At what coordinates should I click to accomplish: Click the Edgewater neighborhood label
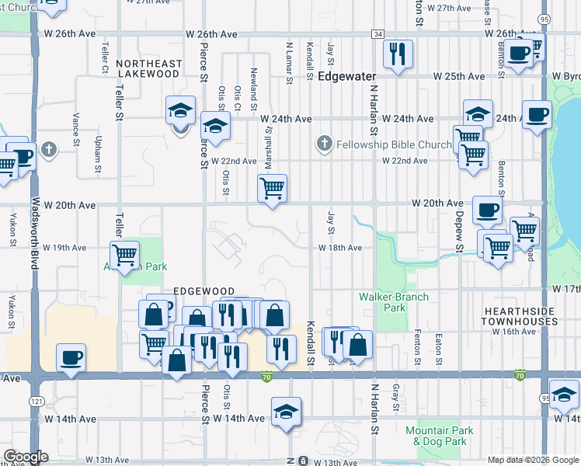click(x=346, y=77)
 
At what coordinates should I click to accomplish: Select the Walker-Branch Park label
click(x=384, y=302)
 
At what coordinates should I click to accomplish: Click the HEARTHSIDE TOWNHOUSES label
click(x=520, y=315)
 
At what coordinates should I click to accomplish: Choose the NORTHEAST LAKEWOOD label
click(x=149, y=68)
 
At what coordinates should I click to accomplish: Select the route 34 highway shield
click(x=377, y=34)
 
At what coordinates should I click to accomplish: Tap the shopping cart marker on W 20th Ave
click(x=273, y=188)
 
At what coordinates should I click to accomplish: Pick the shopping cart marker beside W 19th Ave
click(x=124, y=255)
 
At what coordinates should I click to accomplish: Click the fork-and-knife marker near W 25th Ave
click(x=398, y=54)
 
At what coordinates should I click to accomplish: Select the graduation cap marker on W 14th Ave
click(x=286, y=412)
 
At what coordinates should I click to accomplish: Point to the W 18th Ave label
click(x=340, y=248)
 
